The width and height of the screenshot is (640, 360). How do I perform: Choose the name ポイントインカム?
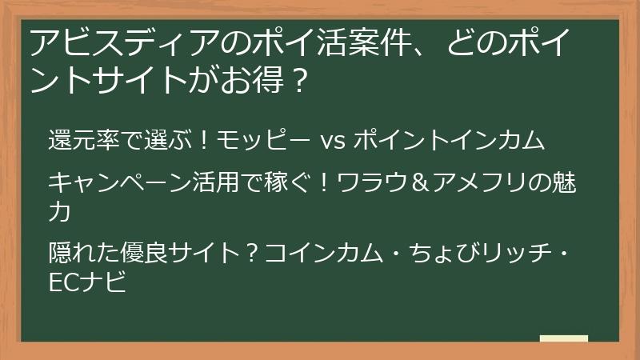coord(448,141)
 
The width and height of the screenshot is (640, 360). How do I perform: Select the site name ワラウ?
coord(374,183)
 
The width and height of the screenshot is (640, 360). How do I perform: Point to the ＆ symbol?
coord(422,183)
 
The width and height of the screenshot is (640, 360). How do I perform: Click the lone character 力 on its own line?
coord(60,212)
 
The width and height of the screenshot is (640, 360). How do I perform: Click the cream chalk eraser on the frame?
coord(563,338)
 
